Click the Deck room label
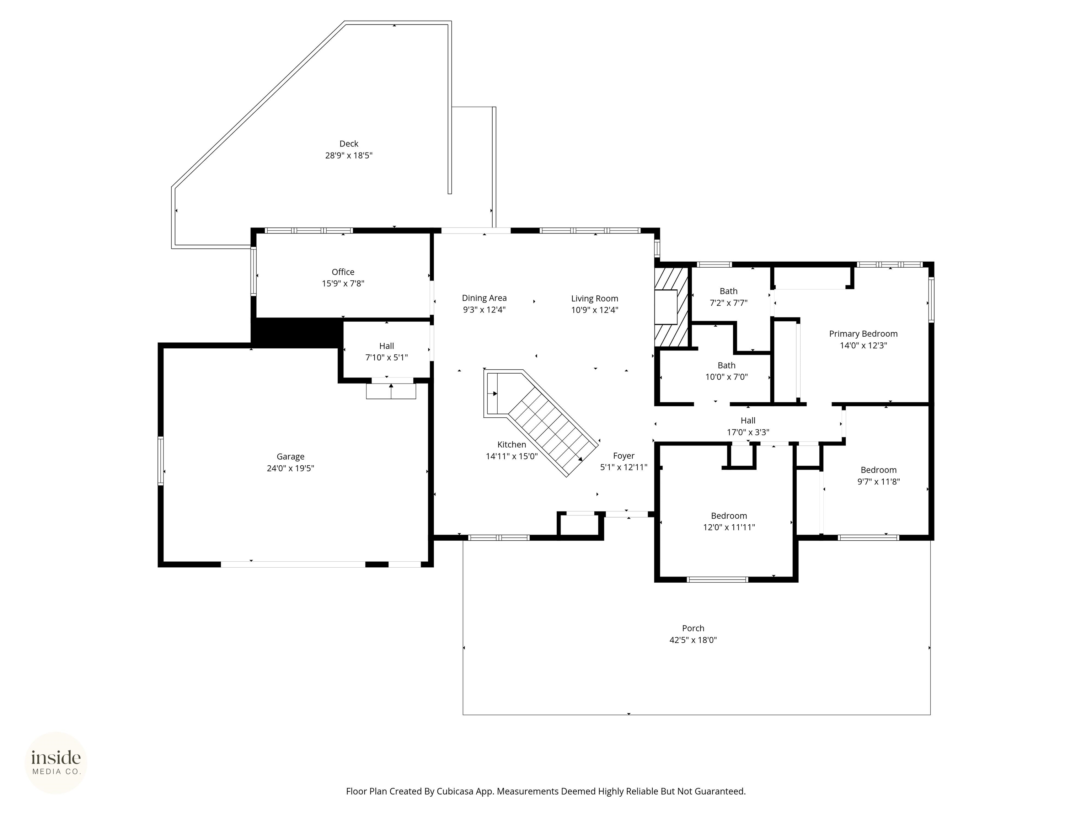(x=348, y=144)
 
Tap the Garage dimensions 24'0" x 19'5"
(x=290, y=469)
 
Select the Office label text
(x=343, y=272)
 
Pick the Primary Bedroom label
(x=863, y=334)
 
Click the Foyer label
(x=623, y=456)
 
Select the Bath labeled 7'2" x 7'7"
(x=728, y=297)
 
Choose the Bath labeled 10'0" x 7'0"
(x=726, y=371)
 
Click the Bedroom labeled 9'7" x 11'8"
(x=878, y=475)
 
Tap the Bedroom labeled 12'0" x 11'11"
(x=729, y=521)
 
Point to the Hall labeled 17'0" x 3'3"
(x=748, y=426)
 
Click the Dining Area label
(x=484, y=298)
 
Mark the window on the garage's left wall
(x=160, y=461)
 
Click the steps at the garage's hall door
(x=391, y=391)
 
